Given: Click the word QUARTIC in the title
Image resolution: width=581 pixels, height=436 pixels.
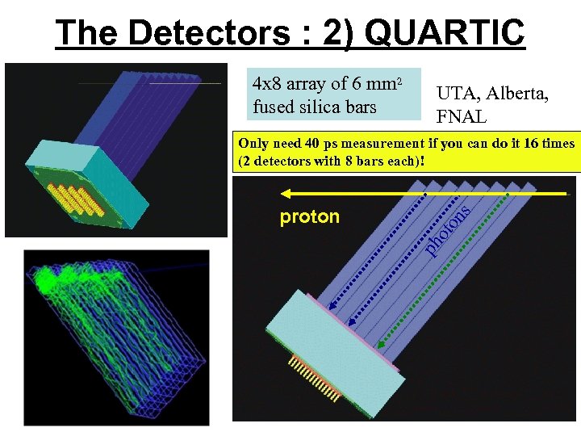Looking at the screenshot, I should click(x=445, y=32).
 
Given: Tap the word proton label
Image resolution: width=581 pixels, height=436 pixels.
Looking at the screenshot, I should click(x=309, y=216).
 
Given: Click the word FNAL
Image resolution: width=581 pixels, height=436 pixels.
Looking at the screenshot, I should click(x=462, y=117).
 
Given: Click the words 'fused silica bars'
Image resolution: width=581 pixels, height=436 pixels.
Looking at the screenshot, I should click(x=314, y=106).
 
